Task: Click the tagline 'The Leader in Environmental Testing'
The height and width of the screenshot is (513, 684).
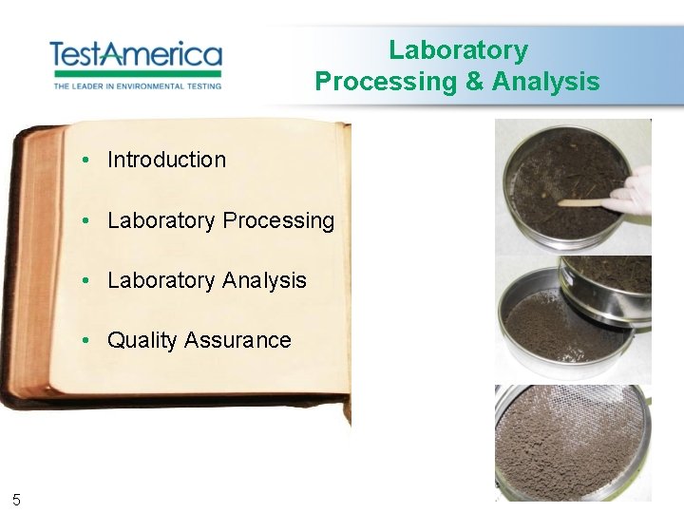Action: tap(137, 85)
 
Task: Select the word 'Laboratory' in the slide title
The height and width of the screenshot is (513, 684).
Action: tap(458, 49)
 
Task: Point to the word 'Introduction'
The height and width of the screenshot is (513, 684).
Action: tap(166, 160)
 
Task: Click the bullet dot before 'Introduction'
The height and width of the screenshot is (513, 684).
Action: tap(85, 160)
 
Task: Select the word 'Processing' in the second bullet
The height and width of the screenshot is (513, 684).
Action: tap(278, 220)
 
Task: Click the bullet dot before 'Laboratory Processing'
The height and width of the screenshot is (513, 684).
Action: tap(85, 220)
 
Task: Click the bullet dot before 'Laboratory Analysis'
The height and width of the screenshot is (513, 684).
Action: tap(85, 280)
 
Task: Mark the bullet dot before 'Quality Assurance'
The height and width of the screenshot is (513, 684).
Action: tap(85, 340)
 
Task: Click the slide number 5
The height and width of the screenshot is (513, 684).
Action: tap(16, 499)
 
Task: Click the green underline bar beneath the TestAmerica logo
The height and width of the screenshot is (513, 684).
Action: tap(136, 73)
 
